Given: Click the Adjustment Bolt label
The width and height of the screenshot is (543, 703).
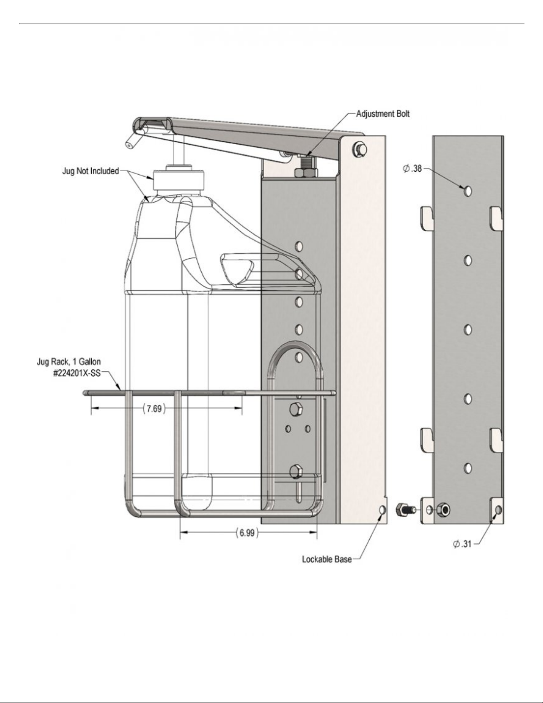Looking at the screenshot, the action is pos(383,114).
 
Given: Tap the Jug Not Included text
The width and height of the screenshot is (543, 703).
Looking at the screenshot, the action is pos(90,171).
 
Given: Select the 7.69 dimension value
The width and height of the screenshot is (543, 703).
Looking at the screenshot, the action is pos(154,409).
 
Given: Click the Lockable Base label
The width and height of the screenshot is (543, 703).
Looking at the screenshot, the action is pos(327,559).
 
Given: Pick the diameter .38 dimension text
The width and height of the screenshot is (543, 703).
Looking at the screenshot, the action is pos(412,169).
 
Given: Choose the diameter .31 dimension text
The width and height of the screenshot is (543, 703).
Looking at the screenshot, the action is pos(462,544).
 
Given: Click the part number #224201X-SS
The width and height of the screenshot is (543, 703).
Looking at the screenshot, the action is pos(77,373).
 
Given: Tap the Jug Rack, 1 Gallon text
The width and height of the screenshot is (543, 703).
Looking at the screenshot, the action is pos(69,361).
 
